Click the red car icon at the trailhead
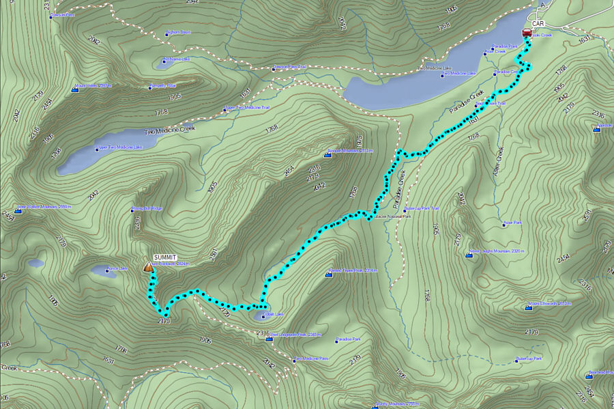527,32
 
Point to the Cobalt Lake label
274,315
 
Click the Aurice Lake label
117,268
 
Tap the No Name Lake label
177,59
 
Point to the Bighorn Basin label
178,32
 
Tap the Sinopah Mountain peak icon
327,156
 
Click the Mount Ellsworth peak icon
529,307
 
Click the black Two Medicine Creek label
170,128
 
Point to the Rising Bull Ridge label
147,208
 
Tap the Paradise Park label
349,339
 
